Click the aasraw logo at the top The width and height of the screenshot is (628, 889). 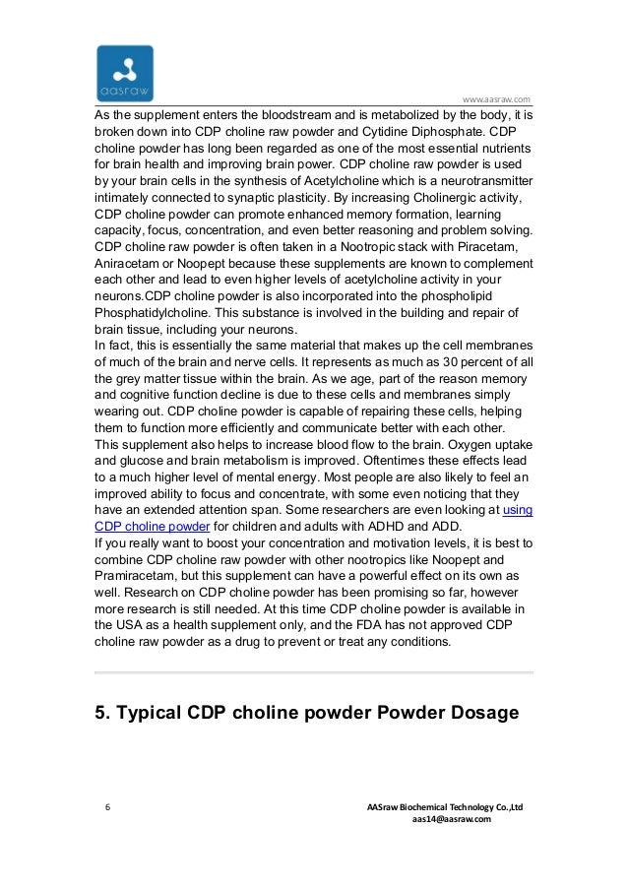click(125, 72)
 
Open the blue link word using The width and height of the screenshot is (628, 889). click(518, 509)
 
